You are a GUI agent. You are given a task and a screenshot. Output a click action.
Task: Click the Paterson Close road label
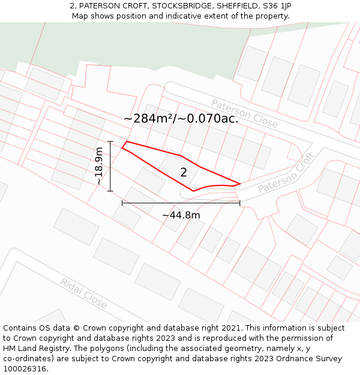(244, 114)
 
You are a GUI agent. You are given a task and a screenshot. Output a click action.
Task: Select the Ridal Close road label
(83, 293)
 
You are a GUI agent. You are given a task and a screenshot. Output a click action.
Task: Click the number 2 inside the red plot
(184, 173)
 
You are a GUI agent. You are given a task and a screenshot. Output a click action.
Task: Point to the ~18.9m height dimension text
(99, 166)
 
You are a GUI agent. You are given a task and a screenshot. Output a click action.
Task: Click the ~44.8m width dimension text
(181, 215)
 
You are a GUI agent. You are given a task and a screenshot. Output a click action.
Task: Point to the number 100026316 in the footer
(25, 369)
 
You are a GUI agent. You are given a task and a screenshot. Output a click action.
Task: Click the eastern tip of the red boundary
(240, 184)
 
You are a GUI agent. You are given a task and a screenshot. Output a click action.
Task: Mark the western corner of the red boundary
(122, 147)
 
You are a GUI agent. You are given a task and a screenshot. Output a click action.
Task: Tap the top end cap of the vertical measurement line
(110, 142)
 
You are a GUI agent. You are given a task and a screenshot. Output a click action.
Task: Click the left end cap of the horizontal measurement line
(122, 203)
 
